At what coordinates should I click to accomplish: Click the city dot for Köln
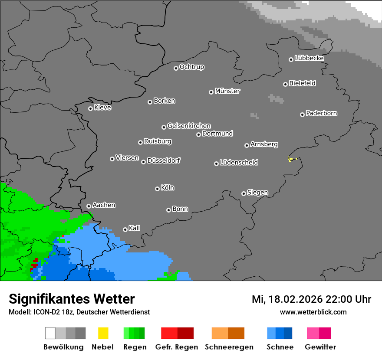pos(157,189)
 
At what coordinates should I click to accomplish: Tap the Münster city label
pos(227,91)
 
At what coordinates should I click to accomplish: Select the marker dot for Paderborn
pos(302,115)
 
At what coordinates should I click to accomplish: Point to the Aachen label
pos(104,205)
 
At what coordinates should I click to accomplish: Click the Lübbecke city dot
pos(291,59)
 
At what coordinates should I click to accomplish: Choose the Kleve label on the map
pos(102,108)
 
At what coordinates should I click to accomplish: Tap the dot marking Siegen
pos(244,193)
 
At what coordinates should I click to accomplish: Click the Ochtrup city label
pos(191,67)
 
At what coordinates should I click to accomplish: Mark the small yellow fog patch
pos(290,159)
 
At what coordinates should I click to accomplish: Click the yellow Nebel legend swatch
pos(103,333)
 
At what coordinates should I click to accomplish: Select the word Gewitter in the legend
pos(320,347)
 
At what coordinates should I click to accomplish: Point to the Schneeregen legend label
pos(229,347)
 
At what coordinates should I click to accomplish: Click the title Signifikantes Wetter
pos(72,299)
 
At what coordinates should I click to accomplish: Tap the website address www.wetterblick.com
pos(313,312)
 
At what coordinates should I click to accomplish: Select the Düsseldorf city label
pos(164,160)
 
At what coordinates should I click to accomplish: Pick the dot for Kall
pos(125,229)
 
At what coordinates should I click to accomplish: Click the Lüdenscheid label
pos(239,163)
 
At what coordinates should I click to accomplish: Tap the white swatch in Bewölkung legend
pos(50,333)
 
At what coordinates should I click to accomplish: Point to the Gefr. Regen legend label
pos(177,347)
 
